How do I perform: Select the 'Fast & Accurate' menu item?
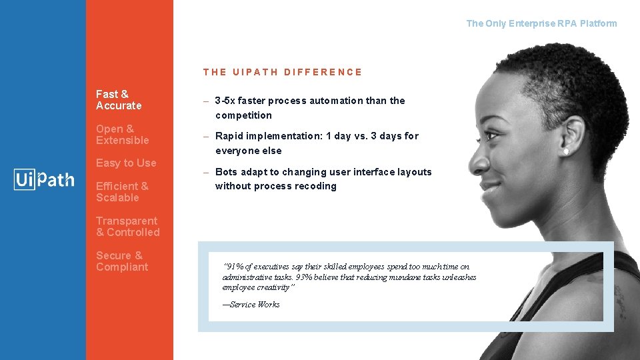coord(119,100)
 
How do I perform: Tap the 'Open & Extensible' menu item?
coord(122,135)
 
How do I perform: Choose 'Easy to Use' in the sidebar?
coord(126,163)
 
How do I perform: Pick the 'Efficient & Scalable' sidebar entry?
coord(122,192)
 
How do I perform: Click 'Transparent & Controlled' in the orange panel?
coord(127,227)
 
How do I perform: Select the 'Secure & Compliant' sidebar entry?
coord(122,261)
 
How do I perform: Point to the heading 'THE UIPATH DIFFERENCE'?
coord(283,72)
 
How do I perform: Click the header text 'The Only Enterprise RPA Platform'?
coord(541,23)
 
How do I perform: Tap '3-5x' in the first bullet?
coord(225,101)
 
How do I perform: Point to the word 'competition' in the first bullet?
coord(243,115)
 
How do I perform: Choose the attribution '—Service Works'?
coord(251,305)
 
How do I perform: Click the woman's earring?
coord(565,152)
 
